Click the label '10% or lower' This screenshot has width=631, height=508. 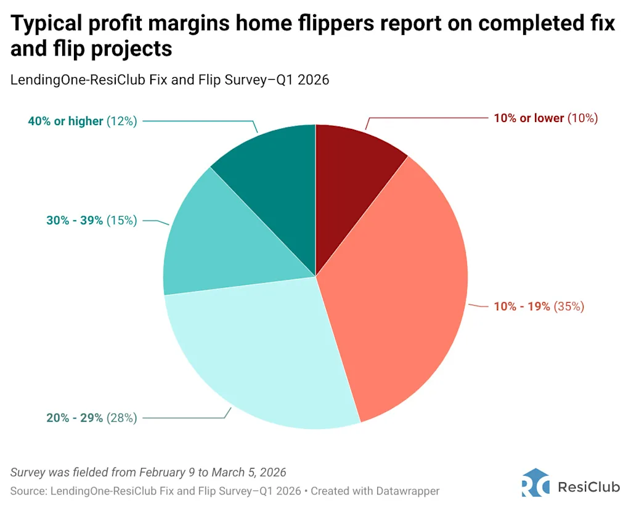tap(529, 118)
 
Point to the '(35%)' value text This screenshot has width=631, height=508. tap(569, 306)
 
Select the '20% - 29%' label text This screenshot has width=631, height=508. tap(75, 418)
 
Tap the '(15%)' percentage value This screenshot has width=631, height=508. tap(121, 220)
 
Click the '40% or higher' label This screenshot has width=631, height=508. tap(65, 121)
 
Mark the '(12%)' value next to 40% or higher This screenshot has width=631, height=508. tap(121, 121)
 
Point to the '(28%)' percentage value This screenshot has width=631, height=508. tap(121, 418)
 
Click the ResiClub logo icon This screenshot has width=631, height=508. tap(535, 483)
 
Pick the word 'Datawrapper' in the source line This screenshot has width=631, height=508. tap(409, 491)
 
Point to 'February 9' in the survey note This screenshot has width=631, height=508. tap(165, 472)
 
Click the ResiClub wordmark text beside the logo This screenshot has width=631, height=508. tap(588, 487)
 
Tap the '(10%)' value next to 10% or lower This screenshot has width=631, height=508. tap(582, 118)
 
